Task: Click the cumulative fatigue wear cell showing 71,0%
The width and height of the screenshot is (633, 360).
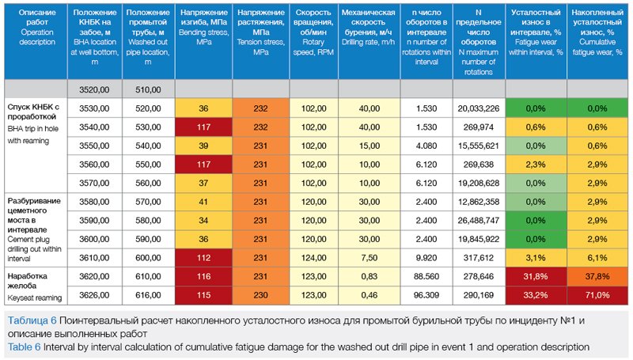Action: [x=597, y=295]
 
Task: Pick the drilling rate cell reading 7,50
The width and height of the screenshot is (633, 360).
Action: [x=366, y=258]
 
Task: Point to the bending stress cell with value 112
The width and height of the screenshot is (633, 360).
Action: [x=203, y=258]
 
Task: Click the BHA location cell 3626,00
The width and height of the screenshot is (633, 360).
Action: [x=93, y=295]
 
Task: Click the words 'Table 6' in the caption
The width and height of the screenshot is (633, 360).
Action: [x=25, y=347]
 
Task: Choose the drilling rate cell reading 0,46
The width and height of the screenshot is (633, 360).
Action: [x=366, y=295]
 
